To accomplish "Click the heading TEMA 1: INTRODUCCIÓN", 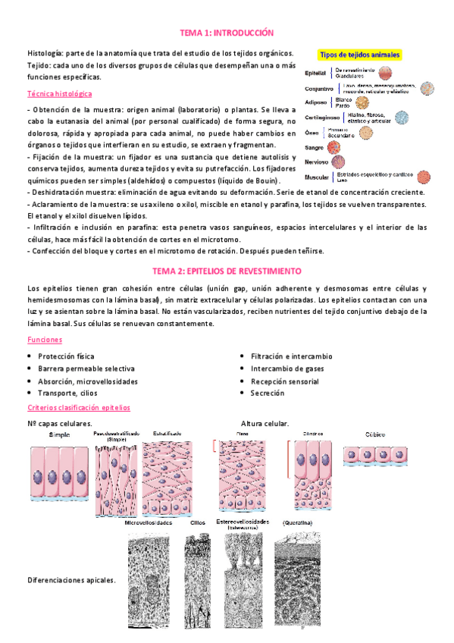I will point(227,33).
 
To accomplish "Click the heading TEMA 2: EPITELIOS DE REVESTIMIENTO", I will point(227,271).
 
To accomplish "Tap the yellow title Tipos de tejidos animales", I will point(362,55).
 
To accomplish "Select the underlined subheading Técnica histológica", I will point(59,94).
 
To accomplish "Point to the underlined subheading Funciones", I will point(45,340).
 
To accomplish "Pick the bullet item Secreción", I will point(268,394).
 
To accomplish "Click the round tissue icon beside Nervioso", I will point(339,162).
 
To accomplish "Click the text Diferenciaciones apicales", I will point(71,580).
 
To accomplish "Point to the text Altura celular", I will point(265,423).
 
